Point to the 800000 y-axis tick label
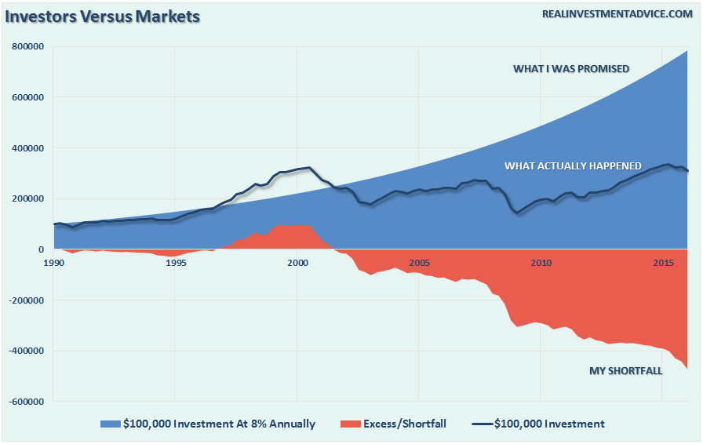[x=28, y=47]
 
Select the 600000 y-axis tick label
[x=28, y=98]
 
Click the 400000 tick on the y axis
[x=28, y=148]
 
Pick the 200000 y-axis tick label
[x=28, y=199]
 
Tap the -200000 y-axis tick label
[x=26, y=300]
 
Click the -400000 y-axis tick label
[x=26, y=351]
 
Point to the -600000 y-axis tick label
[x=26, y=402]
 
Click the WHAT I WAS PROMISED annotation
[x=571, y=69]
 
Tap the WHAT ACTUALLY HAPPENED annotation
[x=573, y=166]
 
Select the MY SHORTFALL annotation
[x=625, y=371]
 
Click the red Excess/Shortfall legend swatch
[x=350, y=424]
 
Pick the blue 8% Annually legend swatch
[x=109, y=424]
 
